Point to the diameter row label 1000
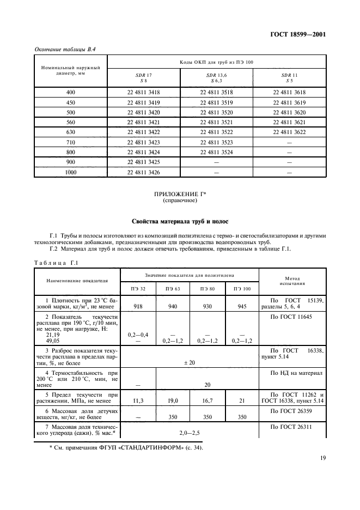[71, 172]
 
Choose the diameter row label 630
[71, 132]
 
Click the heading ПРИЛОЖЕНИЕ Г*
[180, 193]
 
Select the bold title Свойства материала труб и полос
[180, 222]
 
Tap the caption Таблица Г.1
[57, 262]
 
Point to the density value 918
[138, 306]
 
